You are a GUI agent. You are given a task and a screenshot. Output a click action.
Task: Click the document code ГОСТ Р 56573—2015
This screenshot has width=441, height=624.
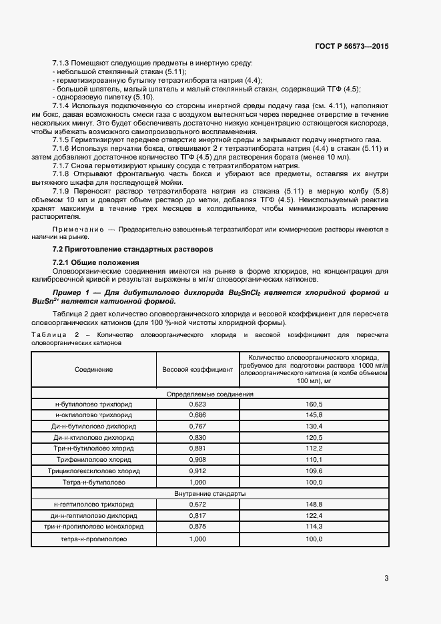352,46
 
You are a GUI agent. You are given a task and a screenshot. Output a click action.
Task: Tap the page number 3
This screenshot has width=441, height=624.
386,579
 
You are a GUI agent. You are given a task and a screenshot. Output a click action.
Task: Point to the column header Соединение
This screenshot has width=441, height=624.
93,369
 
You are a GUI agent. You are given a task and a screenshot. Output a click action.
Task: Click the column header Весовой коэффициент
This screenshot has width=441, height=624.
197,369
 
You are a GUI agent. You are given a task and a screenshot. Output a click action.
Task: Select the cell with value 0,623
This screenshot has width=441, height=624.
197,404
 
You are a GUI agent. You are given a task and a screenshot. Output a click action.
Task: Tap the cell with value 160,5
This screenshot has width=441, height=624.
314,404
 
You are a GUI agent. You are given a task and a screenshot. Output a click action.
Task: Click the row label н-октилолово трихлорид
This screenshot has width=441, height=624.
93,415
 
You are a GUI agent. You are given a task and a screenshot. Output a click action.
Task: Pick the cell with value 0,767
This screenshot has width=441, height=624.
197,426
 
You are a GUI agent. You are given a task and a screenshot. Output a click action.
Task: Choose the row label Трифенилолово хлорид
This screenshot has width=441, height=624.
93,460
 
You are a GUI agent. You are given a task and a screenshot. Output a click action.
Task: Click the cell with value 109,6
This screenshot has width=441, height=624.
314,471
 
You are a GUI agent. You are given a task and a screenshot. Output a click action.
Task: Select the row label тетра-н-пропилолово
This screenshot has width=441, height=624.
93,539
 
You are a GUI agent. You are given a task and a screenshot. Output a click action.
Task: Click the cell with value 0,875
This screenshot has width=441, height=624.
197,527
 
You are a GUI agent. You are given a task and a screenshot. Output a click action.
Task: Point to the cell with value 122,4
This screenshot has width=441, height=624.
314,516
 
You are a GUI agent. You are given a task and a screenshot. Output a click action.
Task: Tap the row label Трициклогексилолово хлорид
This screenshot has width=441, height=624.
93,471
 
